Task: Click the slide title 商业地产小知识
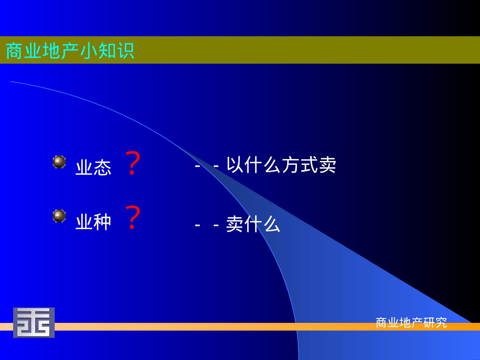(x=70, y=51)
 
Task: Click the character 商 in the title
(x=15, y=51)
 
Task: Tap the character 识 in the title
(x=125, y=51)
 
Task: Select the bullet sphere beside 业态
(x=59, y=162)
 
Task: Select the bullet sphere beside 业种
(x=59, y=216)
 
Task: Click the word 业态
(x=93, y=167)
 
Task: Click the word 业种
(x=93, y=222)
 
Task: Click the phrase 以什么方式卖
(x=281, y=165)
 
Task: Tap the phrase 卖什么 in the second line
(x=253, y=224)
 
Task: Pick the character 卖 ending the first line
(x=327, y=165)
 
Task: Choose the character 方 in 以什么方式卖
(x=290, y=165)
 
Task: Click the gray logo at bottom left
(x=34, y=323)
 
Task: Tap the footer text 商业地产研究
(x=411, y=323)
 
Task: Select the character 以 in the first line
(x=235, y=165)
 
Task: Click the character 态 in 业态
(x=102, y=167)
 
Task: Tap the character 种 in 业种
(x=102, y=222)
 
